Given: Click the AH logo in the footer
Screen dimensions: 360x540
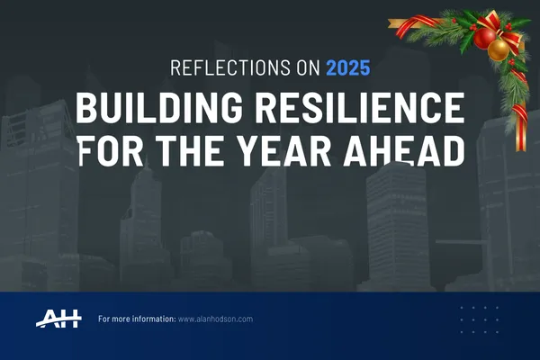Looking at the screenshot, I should click(59, 319).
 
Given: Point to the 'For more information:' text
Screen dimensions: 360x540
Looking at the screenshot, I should click(136, 319).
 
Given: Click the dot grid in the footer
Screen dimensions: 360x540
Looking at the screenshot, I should click(479, 319).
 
